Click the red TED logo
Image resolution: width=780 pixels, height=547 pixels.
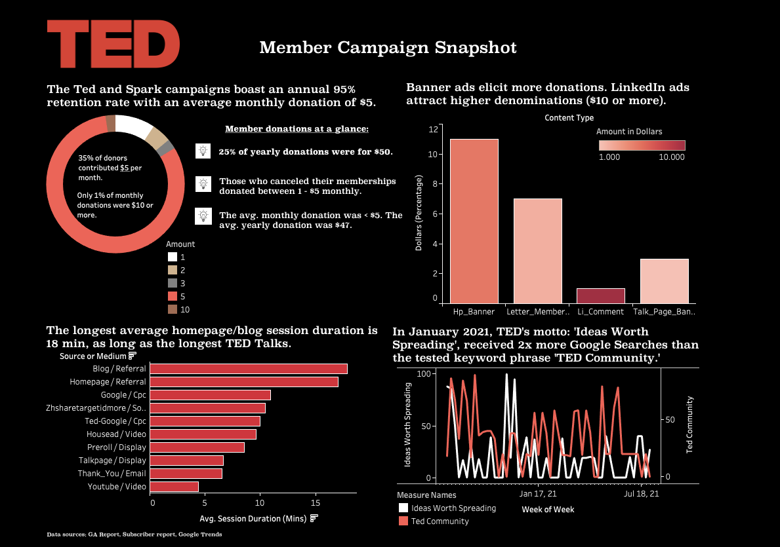point(113,44)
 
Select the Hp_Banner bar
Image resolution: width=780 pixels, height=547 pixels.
point(474,221)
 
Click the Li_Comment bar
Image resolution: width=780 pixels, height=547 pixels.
point(600,295)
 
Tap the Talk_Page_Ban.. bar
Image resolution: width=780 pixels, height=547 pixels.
point(664,280)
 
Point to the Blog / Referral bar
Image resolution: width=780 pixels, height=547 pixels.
point(249,369)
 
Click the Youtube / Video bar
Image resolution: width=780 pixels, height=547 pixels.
point(174,487)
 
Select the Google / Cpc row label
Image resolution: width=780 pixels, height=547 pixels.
point(123,395)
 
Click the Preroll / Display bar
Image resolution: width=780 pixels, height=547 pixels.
point(197,447)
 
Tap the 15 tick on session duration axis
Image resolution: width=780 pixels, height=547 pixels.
point(315,502)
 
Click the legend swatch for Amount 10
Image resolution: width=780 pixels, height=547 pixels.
point(173,309)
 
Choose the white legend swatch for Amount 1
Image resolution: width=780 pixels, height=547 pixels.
point(173,257)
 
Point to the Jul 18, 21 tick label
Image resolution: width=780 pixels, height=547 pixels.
point(640,494)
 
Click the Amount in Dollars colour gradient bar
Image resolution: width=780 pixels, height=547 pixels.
point(642,145)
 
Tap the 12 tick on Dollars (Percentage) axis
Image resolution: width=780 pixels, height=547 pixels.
point(433,129)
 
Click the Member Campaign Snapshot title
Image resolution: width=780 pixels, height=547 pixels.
point(388,48)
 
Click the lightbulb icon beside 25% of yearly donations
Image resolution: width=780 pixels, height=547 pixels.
point(203,151)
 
